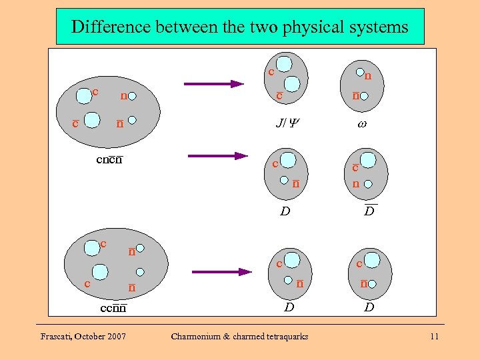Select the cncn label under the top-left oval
click(x=109, y=159)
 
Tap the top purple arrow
click(x=214, y=84)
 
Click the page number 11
click(x=434, y=337)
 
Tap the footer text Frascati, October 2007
click(x=83, y=337)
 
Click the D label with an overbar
click(x=369, y=212)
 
